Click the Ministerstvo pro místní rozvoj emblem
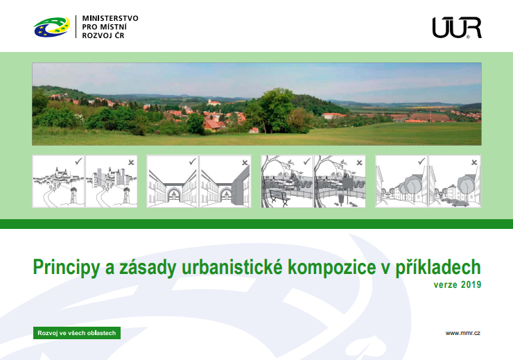tap(52, 27)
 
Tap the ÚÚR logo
tap(457, 28)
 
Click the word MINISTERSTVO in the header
tap(110, 18)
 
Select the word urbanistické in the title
tap(232, 267)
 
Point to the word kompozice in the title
tap(332, 268)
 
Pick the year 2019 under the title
tap(471, 284)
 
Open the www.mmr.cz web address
tap(462, 333)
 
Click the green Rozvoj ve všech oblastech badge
tap(77, 333)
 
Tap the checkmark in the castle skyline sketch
tap(78, 162)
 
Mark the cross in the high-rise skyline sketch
tap(131, 162)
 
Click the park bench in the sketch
tap(279, 197)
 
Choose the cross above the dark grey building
tap(245, 162)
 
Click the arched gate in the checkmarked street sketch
tap(173, 194)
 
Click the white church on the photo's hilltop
tap(214, 103)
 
